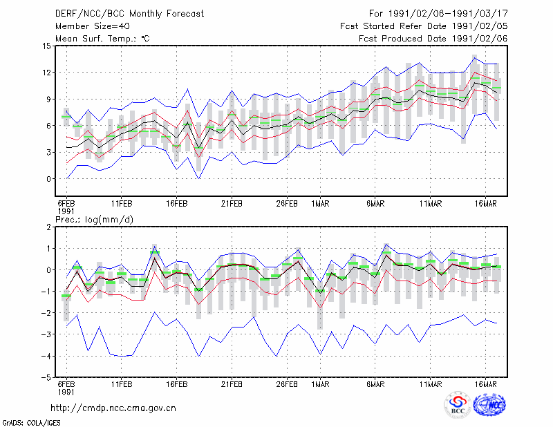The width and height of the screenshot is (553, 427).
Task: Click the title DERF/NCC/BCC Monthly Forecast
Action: (129, 14)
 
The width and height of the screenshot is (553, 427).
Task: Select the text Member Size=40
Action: (93, 26)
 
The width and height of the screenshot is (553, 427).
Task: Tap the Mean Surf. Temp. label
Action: (102, 39)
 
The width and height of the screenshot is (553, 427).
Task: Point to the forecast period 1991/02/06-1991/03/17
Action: (447, 14)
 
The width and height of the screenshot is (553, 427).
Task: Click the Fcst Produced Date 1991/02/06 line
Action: (433, 39)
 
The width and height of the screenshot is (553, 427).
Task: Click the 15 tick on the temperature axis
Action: (47, 46)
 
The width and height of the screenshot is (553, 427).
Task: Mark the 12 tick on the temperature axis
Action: (47, 73)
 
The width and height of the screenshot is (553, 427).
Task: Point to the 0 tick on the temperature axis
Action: (49, 179)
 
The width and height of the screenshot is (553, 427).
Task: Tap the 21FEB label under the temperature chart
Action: (232, 204)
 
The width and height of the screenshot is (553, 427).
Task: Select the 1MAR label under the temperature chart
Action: (320, 204)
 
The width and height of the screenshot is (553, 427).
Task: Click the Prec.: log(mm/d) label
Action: (94, 220)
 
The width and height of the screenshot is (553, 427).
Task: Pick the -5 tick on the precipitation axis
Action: (46, 377)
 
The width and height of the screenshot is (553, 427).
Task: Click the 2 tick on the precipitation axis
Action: (48, 227)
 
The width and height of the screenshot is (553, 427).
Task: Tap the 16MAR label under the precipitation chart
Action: (486, 384)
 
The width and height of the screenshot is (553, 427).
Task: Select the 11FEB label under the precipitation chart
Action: (122, 384)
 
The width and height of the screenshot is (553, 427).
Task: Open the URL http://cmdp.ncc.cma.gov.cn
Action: (113, 408)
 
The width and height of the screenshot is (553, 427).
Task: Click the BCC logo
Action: (458, 405)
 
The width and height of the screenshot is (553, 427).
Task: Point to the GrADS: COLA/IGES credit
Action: (32, 423)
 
